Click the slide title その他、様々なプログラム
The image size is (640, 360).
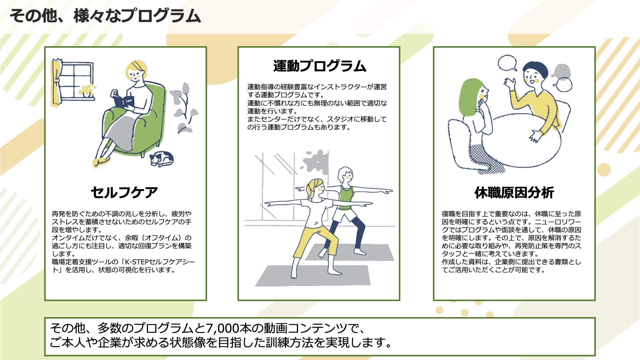105,16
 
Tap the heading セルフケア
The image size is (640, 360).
124,192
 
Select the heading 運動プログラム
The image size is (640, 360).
320,66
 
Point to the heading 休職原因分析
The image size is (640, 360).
514,192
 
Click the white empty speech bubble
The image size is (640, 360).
507,63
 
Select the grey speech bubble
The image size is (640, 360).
562,71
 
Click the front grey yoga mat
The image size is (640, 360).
313,275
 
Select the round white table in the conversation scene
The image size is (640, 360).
520,140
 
